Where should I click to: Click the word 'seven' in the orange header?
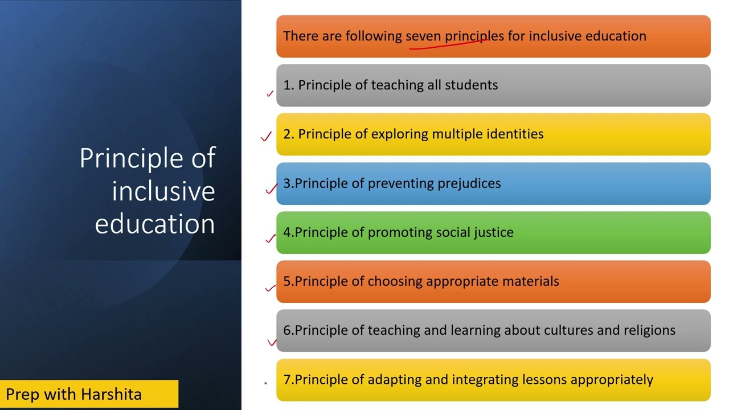[x=423, y=36]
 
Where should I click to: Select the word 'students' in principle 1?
[x=470, y=85]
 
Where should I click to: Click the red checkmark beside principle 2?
[x=266, y=137]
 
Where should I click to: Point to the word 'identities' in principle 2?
[x=515, y=134]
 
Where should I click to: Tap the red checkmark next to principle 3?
[x=271, y=189]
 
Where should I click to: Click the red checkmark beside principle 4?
[x=271, y=239]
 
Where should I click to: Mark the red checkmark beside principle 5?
[x=271, y=288]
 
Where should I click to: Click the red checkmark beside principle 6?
[x=272, y=342]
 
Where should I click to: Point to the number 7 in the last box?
[x=287, y=380]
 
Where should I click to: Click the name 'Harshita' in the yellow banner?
[x=111, y=394]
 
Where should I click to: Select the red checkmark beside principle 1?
[x=270, y=94]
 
